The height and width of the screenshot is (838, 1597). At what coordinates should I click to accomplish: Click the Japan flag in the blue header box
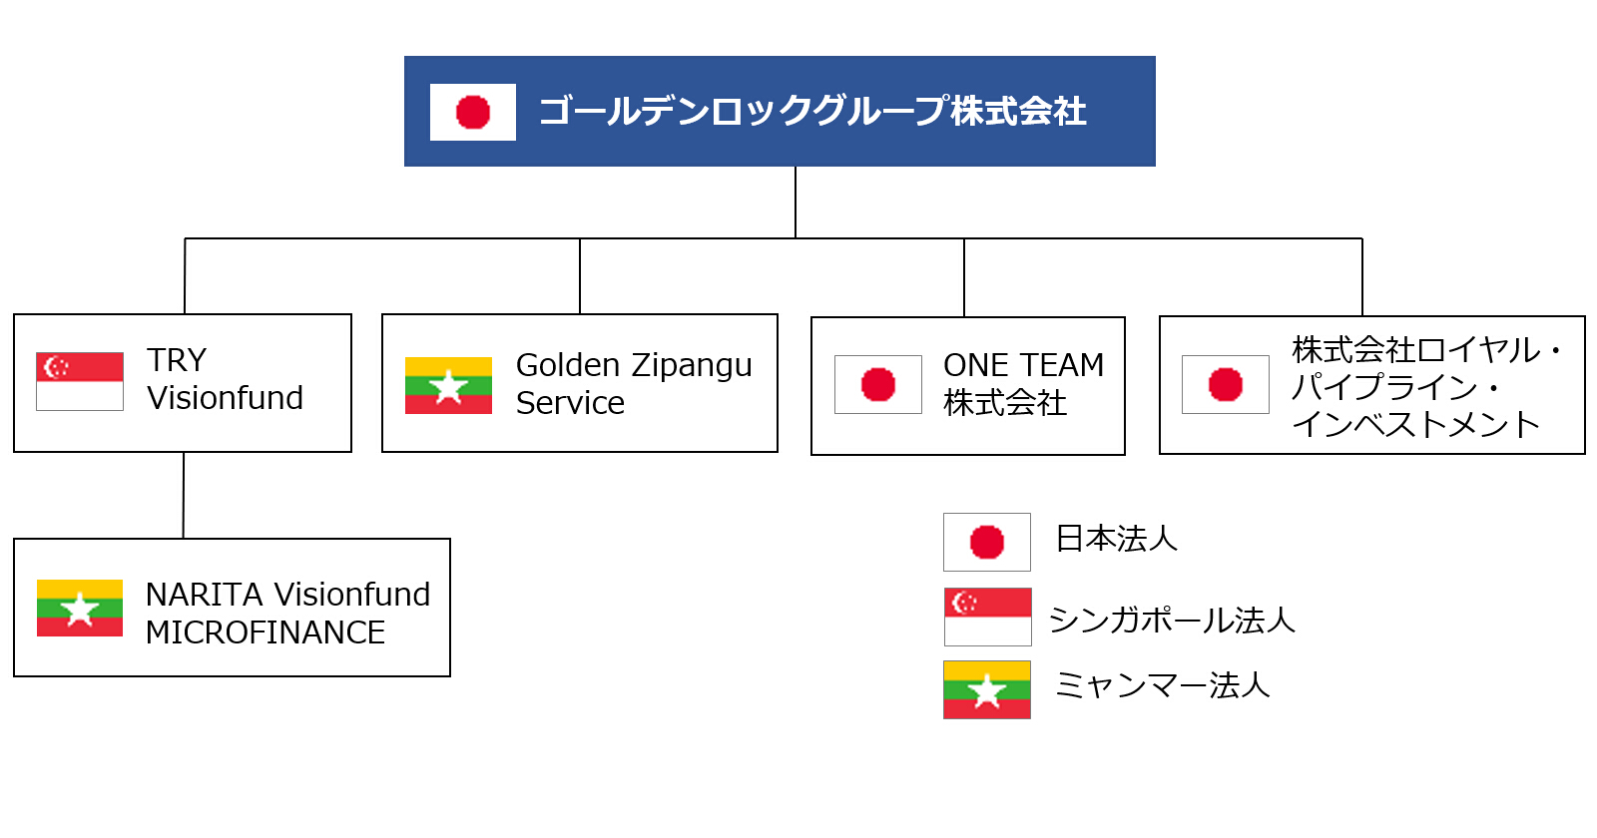473,112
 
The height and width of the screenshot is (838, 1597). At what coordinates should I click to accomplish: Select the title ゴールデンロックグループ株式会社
812,111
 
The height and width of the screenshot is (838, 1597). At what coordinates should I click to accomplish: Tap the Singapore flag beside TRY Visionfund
80,381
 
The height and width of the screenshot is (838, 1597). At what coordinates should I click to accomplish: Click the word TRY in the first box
177,360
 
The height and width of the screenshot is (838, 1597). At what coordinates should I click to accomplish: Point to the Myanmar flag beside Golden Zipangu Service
448,385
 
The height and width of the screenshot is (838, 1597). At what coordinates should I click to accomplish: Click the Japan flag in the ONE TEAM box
878,385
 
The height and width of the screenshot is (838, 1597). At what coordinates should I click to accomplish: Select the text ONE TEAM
1023,365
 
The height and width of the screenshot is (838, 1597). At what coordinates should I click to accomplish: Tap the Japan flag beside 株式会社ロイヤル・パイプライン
1226,385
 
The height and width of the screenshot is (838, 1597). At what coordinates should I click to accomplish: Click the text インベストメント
1416,425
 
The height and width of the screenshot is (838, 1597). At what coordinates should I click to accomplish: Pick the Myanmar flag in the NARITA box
80,608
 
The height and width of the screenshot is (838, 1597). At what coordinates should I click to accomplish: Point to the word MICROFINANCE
266,632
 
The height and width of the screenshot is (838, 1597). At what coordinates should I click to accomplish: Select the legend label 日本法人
1117,539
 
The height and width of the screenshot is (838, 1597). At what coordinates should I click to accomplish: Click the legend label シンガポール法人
1172,620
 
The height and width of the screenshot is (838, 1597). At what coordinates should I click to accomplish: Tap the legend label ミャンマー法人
1162,685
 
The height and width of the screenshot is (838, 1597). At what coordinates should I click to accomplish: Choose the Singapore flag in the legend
987,618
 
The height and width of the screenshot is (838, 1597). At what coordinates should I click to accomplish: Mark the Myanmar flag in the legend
987,689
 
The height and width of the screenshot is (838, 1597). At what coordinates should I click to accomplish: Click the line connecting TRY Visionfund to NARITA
184,495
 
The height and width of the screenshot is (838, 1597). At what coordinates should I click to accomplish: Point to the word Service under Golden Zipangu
570,403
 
